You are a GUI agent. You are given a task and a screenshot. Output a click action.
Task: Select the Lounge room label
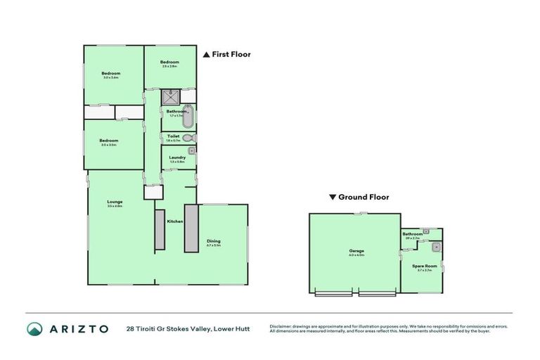[115, 202]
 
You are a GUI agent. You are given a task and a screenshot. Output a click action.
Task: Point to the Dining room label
[214, 241]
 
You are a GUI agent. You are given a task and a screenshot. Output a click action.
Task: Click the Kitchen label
[175, 221]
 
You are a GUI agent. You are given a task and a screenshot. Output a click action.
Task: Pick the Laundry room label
[176, 157]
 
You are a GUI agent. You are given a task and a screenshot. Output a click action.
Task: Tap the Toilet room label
[173, 136]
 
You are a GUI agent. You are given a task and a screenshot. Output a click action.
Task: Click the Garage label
[356, 250]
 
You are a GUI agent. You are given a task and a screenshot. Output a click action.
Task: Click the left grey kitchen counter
[160, 229]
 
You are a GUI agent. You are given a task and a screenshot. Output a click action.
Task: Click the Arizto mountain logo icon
[34, 328]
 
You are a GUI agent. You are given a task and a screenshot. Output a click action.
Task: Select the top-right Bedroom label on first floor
[169, 62]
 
